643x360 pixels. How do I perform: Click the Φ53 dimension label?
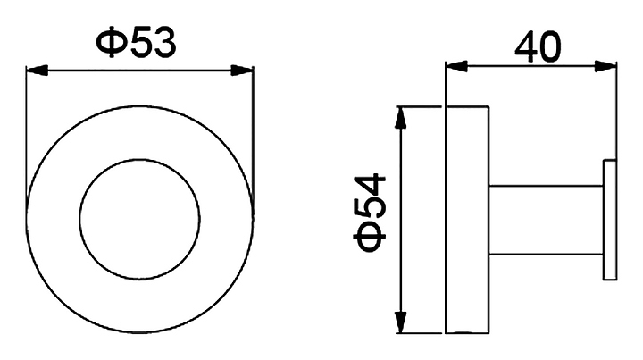(137, 42)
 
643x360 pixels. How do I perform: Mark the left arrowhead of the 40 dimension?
(454, 64)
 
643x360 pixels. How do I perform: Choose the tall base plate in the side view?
(466, 219)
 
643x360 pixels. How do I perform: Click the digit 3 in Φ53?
(162, 42)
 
